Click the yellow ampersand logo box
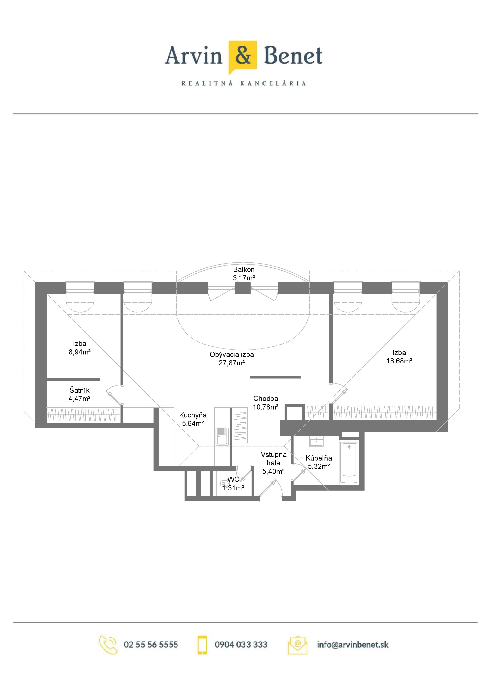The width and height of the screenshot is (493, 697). pos(243,57)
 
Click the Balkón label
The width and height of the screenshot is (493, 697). pos(244,269)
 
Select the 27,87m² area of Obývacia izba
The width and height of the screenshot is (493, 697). pos(231,363)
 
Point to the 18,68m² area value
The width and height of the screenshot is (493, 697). pos(399,361)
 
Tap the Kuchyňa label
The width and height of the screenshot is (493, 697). pos(193,415)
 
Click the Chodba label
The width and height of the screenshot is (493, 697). pos(265,399)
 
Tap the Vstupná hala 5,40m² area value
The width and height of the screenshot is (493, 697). pos(273,471)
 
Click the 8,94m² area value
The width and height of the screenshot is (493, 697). pos(80,352)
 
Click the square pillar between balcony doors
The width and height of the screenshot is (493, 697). pos(243,288)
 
